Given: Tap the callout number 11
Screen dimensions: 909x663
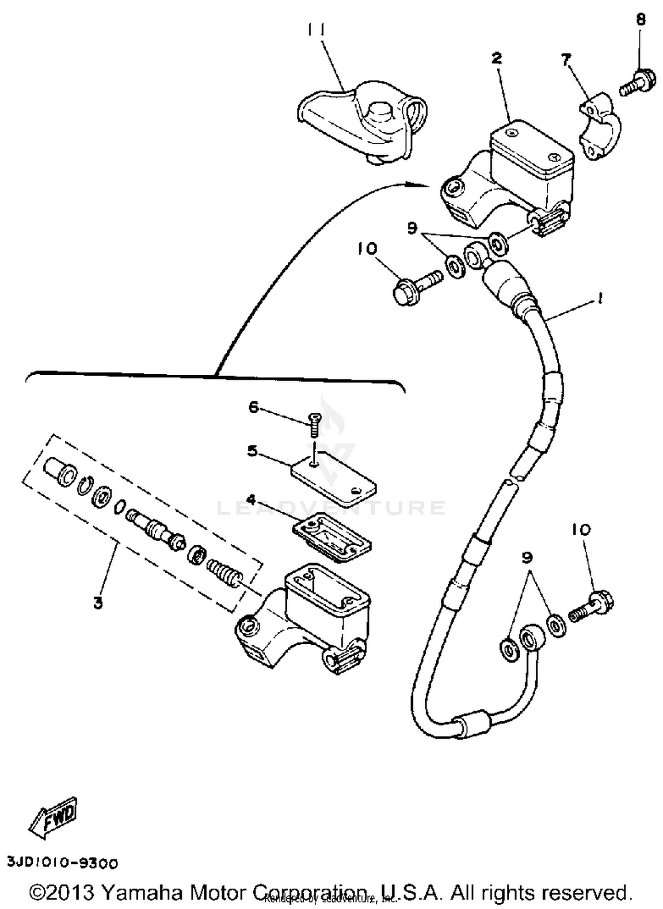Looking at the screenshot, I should tap(316, 30).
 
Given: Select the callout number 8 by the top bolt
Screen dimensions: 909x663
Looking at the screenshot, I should tap(641, 20).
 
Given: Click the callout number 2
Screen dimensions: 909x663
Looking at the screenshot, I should tap(497, 58).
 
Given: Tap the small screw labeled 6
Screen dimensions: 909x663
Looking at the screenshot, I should tap(314, 423).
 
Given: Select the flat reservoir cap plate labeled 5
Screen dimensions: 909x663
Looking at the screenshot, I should tap(334, 479).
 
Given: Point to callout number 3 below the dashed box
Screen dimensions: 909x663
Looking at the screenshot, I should tap(98, 602).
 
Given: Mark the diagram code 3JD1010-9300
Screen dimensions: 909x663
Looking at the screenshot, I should tap(62, 863).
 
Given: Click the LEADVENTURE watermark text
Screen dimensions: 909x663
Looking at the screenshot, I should tap(331, 508).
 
